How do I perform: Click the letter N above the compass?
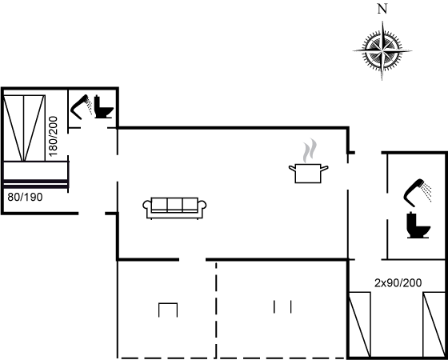point(382,9)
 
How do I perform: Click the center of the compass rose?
point(382,51)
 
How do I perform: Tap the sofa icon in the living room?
point(174,208)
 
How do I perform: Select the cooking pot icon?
point(308,173)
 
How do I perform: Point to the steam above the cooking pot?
point(310,150)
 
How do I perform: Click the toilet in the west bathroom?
point(104,107)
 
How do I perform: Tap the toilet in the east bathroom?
point(418,225)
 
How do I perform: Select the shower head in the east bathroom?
point(418,193)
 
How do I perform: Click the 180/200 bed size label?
point(54,136)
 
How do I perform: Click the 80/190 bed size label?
point(25,197)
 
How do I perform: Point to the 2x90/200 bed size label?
point(398,283)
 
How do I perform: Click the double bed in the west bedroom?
point(24,128)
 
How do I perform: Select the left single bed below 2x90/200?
point(360,324)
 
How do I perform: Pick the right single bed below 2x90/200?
point(434,324)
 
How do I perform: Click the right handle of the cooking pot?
point(325,168)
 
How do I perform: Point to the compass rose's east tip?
point(412,51)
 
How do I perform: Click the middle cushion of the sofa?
point(174,204)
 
